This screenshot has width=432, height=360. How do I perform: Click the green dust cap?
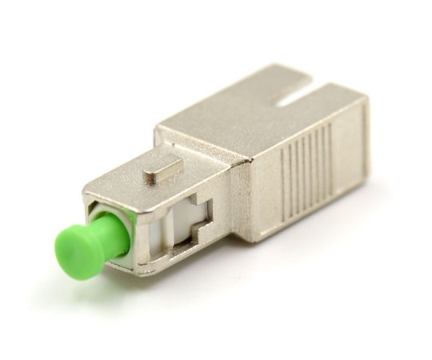pyautogui.click(x=79, y=243)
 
